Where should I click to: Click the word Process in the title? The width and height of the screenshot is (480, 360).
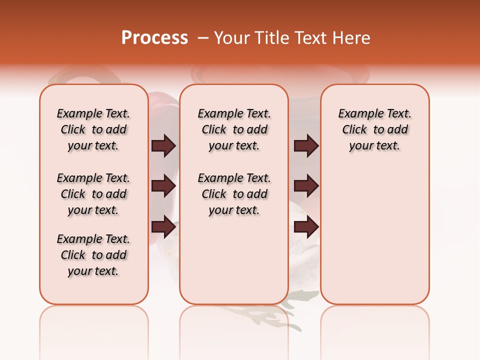tap(154, 38)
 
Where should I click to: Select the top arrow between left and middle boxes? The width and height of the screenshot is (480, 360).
tap(163, 146)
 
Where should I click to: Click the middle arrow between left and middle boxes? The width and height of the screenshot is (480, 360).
tap(163, 186)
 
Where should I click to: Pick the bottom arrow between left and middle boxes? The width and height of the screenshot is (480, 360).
tap(163, 227)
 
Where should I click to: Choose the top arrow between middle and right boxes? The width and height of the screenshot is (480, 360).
tap(306, 146)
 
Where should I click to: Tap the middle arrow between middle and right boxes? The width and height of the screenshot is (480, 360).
tap(306, 186)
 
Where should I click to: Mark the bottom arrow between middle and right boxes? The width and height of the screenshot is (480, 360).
tap(306, 227)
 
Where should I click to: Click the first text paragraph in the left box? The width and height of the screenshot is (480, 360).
tap(93, 129)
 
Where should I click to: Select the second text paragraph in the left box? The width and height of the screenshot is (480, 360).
tap(93, 194)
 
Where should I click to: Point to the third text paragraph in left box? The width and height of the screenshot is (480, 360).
tap(93, 255)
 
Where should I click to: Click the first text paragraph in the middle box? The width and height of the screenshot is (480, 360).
tap(234, 129)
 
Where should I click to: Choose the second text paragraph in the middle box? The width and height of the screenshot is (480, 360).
tap(234, 194)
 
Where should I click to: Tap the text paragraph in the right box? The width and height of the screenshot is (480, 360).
tap(375, 129)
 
